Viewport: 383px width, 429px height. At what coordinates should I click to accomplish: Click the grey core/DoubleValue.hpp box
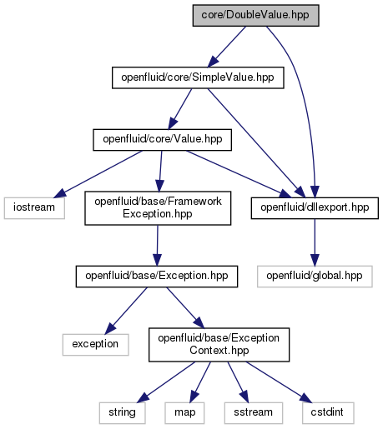(255, 16)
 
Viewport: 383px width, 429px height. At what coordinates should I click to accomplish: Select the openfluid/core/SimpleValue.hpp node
(198, 77)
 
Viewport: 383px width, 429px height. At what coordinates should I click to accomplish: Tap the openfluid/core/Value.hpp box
(162, 140)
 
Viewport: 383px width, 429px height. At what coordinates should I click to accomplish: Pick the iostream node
(34, 208)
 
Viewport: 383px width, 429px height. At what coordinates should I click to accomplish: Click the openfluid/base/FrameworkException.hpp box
(158, 208)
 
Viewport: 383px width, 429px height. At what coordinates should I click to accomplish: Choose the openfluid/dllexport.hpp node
(315, 208)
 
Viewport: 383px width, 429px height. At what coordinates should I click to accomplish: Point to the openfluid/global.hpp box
(315, 277)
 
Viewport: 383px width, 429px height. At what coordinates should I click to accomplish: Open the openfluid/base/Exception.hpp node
(157, 277)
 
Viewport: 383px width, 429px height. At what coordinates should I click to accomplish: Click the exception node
(95, 345)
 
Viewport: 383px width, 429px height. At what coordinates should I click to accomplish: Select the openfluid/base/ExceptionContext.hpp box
(219, 345)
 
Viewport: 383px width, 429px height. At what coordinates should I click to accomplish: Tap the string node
(122, 413)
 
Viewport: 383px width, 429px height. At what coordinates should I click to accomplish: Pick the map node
(184, 413)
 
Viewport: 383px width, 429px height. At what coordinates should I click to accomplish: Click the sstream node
(254, 413)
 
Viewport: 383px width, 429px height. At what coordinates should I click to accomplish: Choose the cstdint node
(328, 413)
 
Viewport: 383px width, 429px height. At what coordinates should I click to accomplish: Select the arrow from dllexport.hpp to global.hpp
(315, 242)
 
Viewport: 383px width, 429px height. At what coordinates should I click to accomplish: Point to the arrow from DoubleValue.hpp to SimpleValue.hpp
(227, 47)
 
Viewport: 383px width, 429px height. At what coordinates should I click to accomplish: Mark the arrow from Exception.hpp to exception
(126, 311)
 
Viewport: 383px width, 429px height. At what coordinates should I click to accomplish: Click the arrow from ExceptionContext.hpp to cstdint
(279, 382)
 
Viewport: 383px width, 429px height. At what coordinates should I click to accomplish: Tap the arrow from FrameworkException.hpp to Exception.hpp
(157, 246)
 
